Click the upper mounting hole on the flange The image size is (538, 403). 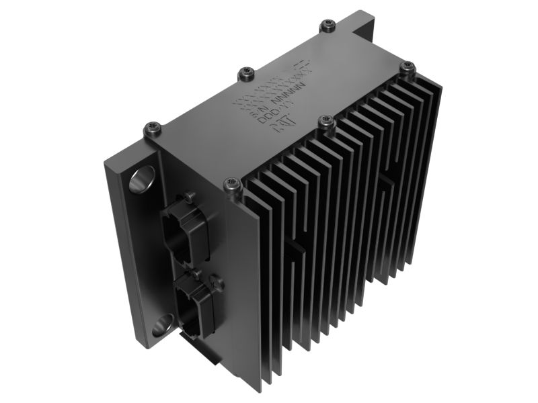tap(142, 179)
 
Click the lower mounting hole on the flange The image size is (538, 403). tap(162, 328)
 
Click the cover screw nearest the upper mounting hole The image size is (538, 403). tap(153, 128)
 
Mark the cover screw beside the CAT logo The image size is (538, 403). tap(326, 121)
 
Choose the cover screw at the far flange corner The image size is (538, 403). tap(328, 26)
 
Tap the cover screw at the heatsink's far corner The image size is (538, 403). tap(408, 66)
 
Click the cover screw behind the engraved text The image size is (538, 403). tap(247, 72)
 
